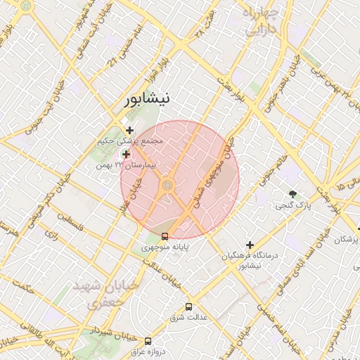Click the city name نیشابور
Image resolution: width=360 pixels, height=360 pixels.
pos(146,99)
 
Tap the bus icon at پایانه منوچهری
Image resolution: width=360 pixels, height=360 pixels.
pos(165,236)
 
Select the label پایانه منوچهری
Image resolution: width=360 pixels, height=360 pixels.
pos(165,248)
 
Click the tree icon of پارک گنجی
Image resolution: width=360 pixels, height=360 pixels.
pos(293,193)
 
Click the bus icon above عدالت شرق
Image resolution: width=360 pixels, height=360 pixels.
pos(188,307)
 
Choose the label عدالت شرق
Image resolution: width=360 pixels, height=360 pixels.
pos(188,318)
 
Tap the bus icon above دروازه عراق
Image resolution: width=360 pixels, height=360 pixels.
pos(148,341)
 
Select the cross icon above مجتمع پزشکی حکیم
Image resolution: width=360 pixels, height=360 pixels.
pos(129,129)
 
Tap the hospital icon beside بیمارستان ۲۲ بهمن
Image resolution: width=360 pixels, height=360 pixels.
pos(126,154)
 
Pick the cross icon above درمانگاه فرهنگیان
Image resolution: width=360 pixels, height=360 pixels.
pos(250,245)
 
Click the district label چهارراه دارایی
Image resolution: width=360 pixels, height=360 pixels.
pos(260,21)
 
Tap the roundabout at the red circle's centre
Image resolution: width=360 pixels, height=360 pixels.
pos(168,186)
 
